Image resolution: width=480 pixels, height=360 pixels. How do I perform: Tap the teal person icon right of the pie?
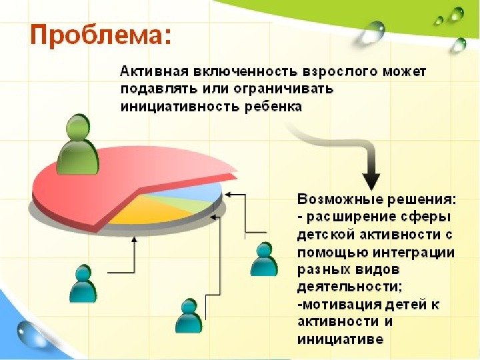[x=264, y=259]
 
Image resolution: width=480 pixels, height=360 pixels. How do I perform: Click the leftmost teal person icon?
[x=83, y=283]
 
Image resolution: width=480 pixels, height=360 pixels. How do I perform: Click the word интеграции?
[x=416, y=253]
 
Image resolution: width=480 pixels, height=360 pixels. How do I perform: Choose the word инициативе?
[x=340, y=339]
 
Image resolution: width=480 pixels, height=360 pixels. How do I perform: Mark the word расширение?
[x=354, y=218]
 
